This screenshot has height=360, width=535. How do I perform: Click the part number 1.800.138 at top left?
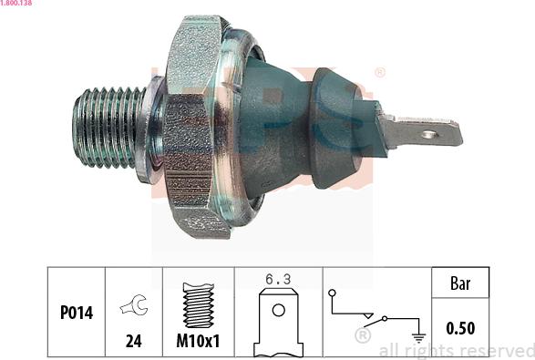click(x=15, y=3)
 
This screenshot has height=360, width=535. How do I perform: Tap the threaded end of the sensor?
click(x=108, y=128)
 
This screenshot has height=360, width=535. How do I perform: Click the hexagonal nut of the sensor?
click(x=193, y=127)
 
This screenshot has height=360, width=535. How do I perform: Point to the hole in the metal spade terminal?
click(x=429, y=135)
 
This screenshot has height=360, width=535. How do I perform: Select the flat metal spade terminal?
click(x=421, y=132)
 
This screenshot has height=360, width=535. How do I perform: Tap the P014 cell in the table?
click(x=77, y=313)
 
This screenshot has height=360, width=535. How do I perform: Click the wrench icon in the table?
click(x=134, y=304)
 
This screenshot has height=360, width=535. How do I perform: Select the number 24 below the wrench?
click(x=133, y=341)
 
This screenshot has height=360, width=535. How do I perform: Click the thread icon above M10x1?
click(x=199, y=305)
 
